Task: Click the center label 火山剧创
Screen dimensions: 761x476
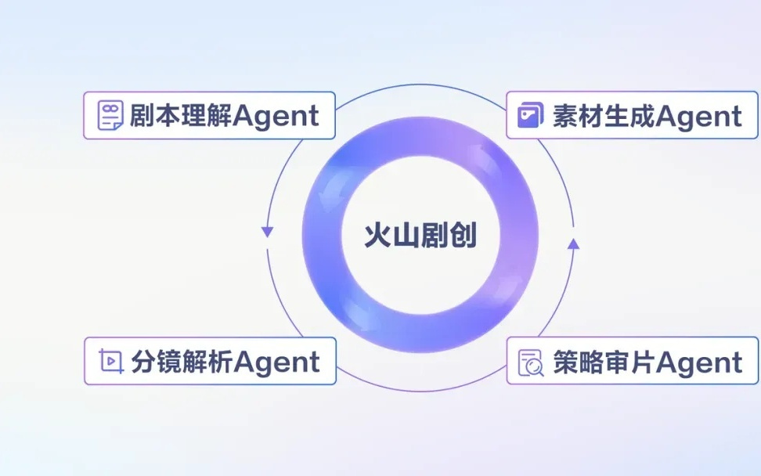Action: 420,236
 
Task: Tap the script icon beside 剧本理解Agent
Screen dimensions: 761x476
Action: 110,116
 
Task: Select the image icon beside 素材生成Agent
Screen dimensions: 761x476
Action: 531,115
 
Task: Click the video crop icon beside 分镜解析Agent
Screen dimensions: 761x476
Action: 110,361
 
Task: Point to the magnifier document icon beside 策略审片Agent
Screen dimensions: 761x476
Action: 531,362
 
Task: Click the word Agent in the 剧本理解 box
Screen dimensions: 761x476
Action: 276,117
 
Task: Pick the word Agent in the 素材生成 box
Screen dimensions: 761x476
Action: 699,117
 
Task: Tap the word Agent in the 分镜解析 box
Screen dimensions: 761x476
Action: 276,363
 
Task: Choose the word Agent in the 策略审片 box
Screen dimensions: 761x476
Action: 699,363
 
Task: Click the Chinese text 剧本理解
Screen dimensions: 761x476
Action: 181,116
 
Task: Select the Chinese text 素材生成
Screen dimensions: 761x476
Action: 604,116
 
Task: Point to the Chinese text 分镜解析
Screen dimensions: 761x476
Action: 182,362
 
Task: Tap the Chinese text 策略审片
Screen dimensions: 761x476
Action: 604,362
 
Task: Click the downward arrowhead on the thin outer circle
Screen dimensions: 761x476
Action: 267,232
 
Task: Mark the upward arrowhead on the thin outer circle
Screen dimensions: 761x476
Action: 574,243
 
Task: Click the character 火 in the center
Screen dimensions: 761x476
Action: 377,236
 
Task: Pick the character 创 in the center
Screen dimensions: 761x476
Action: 463,236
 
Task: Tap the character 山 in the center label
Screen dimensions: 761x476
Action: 406,236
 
